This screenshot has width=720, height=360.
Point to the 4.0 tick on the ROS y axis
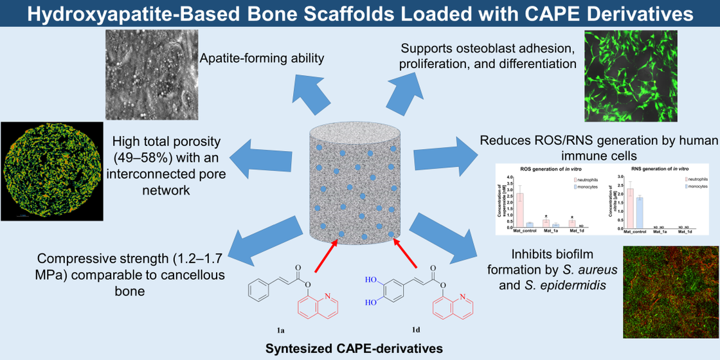pyautogui.click(x=509, y=177)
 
